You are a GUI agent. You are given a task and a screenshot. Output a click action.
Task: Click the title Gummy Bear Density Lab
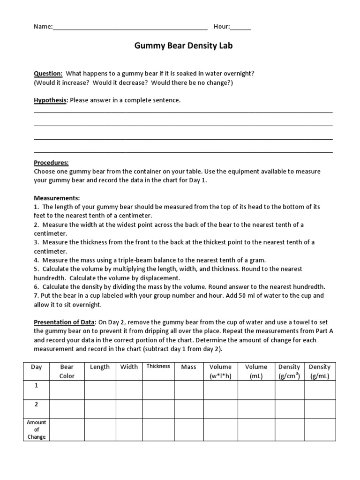pyautogui.click(x=183, y=46)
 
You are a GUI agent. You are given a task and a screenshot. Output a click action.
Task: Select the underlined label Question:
pyautogui.click(x=48, y=74)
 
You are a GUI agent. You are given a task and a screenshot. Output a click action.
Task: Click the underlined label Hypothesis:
pyautogui.click(x=51, y=100)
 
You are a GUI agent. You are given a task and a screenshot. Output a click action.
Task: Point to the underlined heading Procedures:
pyautogui.click(x=51, y=163)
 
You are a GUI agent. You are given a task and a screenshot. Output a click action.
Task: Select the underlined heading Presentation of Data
pyautogui.click(x=64, y=322)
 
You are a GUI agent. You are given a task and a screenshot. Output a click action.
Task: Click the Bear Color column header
pyautogui.click(x=67, y=371)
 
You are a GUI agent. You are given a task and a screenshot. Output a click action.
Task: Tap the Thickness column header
pyautogui.click(x=158, y=367)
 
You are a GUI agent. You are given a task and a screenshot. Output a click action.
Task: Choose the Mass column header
pyautogui.click(x=188, y=367)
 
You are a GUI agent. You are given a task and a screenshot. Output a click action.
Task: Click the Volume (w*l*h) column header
pyautogui.click(x=220, y=371)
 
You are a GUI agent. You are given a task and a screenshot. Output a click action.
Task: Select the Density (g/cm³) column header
pyautogui.click(x=289, y=371)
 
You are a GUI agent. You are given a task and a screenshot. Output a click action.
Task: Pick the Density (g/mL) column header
pyautogui.click(x=319, y=371)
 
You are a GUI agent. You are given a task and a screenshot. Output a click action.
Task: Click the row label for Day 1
pyautogui.click(x=36, y=385)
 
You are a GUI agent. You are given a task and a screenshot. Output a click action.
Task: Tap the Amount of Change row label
pyautogui.click(x=37, y=429)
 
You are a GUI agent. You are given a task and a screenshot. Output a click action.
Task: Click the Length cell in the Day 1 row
pyautogui.click(x=100, y=390)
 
